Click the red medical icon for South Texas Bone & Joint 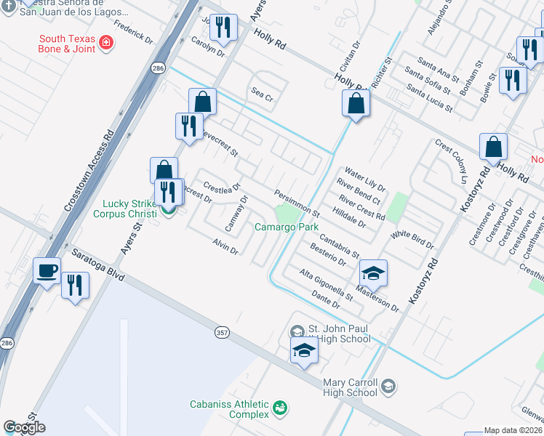click(106, 43)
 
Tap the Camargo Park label click(287, 227)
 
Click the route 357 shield click(223, 332)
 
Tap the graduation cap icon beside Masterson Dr click(373, 273)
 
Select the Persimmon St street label click(297, 203)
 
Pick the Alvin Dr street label click(225, 246)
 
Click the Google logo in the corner click(24, 428)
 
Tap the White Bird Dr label click(412, 241)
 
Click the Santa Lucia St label click(429, 100)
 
